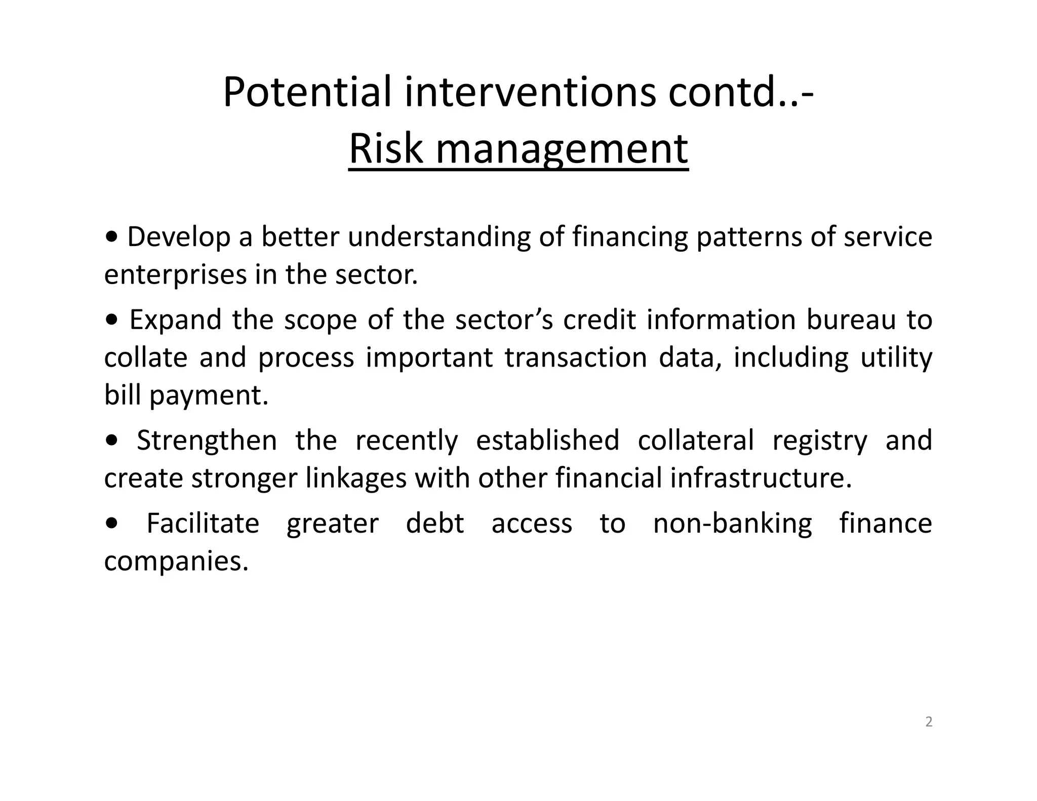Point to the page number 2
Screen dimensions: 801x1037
tap(929, 722)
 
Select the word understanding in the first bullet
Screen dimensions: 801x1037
tap(439, 237)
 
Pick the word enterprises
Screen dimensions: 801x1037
tap(175, 275)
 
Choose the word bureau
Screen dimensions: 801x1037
tap(851, 320)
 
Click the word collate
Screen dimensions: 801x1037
tap(146, 357)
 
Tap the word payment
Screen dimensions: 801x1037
tap(209, 396)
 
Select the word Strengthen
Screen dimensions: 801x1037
tap(207, 440)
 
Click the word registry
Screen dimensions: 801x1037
tap(819, 440)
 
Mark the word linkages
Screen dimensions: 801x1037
tap(356, 478)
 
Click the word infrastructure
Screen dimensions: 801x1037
tap(761, 478)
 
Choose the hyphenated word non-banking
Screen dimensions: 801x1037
tap(732, 524)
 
